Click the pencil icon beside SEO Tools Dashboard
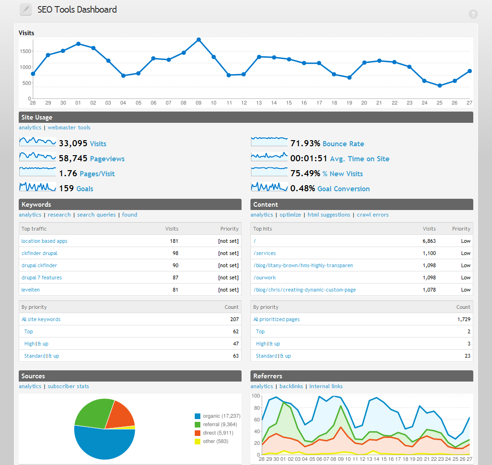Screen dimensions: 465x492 (x=26, y=9)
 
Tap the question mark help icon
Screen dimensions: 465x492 (x=473, y=14)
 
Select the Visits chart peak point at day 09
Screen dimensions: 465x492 (x=198, y=40)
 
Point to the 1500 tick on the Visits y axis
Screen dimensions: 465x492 (x=25, y=52)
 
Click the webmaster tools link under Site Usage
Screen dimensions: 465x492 (x=69, y=127)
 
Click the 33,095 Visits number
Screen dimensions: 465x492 (x=73, y=143)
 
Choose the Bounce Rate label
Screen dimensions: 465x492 (x=343, y=144)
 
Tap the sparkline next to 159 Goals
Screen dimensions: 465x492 (x=37, y=187)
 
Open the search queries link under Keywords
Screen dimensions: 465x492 (x=96, y=215)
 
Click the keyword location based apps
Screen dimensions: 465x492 (x=44, y=241)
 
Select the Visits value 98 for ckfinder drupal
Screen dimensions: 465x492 (x=174, y=253)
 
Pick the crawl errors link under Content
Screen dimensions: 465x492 (x=373, y=215)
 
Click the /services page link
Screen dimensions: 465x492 (x=264, y=253)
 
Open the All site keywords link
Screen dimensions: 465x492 (x=41, y=319)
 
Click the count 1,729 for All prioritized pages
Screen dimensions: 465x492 (x=463, y=319)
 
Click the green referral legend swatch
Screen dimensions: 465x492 (x=198, y=424)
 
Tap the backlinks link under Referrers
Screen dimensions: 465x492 (x=291, y=386)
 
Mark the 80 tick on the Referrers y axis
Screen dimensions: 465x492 (x=256, y=407)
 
